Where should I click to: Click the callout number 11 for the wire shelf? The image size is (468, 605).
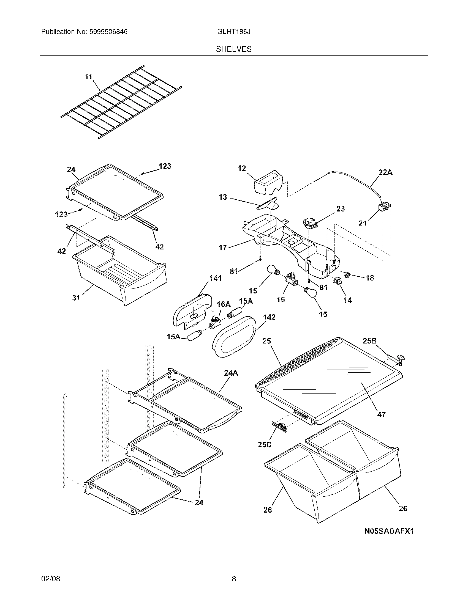click(88, 76)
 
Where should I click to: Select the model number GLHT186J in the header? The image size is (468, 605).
click(234, 32)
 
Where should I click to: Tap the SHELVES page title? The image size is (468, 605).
click(234, 49)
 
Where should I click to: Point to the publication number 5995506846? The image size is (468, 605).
click(108, 32)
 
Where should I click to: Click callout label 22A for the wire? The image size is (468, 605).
click(385, 172)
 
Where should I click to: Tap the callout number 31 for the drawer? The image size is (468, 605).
click(76, 298)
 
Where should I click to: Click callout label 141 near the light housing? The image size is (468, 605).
click(216, 278)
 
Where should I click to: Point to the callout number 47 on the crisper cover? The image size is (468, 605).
click(381, 422)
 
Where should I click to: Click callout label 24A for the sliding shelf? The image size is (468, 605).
click(231, 373)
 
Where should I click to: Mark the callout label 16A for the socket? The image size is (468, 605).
click(224, 304)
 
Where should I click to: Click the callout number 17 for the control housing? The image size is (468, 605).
click(223, 248)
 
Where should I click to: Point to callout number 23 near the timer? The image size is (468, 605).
click(341, 209)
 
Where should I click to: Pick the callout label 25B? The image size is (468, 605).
click(369, 341)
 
